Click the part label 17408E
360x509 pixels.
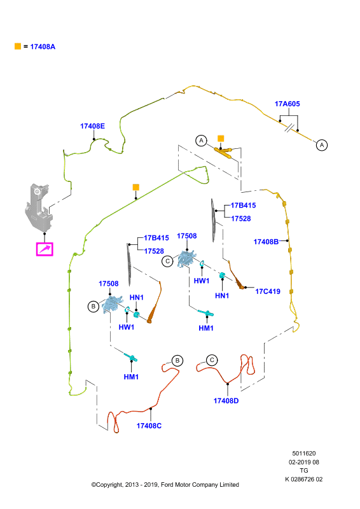92,126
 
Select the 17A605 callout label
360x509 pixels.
287,104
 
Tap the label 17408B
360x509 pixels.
266,242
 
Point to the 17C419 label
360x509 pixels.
268,291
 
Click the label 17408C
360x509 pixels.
149,426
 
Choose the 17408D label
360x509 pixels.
226,401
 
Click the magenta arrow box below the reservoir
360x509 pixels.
45,249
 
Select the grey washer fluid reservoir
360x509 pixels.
39,208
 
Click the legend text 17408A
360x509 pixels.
43,46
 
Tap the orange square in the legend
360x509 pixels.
18,46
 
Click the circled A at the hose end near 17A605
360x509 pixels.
322,145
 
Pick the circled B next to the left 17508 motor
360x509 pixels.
93,307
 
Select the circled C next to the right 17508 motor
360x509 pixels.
167,261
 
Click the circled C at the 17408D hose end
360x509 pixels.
212,360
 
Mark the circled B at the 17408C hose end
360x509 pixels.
177,361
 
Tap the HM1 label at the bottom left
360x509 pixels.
131,377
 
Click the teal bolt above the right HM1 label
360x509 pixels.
206,313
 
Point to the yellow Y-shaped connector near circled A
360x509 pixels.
224,152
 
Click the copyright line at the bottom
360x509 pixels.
165,485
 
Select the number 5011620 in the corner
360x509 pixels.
304,454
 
